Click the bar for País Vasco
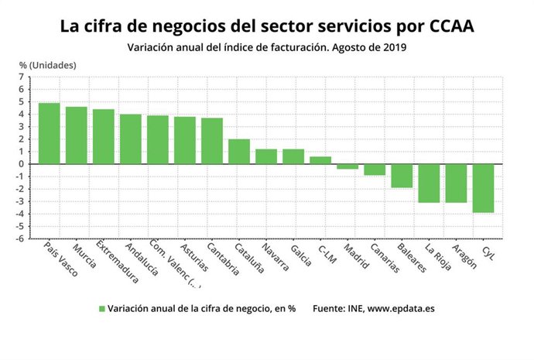(49, 133)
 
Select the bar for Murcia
(76, 135)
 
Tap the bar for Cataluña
(239, 152)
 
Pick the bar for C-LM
(320, 160)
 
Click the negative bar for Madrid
(347, 166)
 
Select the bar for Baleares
(402, 176)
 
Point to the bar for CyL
(483, 188)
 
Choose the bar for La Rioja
(429, 183)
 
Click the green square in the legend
(101, 308)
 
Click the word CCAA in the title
(445, 26)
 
